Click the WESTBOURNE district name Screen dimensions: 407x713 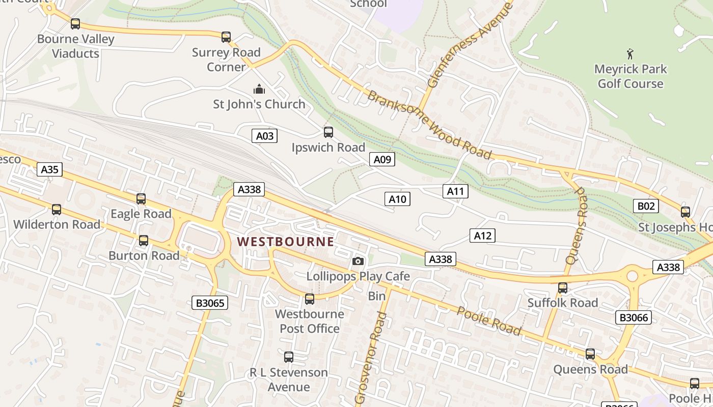coord(286,242)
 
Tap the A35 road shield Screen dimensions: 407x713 coord(49,169)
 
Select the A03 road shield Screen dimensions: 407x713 coord(265,136)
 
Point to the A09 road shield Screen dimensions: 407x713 coord(382,160)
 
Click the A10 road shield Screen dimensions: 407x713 coord(397,199)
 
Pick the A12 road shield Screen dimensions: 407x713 coord(482,236)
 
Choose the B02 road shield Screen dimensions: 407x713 coord(646,206)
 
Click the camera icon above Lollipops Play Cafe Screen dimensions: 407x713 coord(358,261)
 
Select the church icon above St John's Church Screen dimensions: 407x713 coord(259,90)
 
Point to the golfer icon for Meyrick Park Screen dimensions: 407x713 coord(630,53)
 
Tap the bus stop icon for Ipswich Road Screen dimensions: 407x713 coord(328,132)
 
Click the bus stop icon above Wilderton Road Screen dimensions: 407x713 coord(57,210)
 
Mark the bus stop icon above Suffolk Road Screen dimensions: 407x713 coord(563,288)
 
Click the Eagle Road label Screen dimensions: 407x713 coord(141,214)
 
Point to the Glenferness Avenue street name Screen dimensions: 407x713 coord(470,44)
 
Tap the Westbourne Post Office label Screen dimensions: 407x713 coord(310,321)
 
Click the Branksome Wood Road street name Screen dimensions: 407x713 coord(429,126)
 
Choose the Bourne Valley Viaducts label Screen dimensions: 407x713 coord(76,46)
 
